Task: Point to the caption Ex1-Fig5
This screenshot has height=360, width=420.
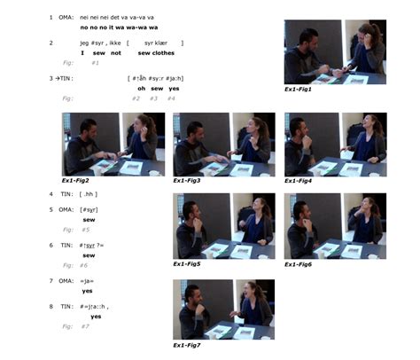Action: (x=187, y=263)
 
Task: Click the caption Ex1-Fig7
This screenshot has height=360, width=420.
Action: (x=187, y=345)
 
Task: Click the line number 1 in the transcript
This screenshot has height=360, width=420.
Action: (x=51, y=18)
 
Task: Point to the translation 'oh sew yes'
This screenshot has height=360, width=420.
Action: (x=158, y=89)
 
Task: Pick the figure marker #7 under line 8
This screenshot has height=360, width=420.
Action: (x=85, y=326)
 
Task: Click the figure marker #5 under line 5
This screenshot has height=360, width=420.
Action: (x=85, y=230)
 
